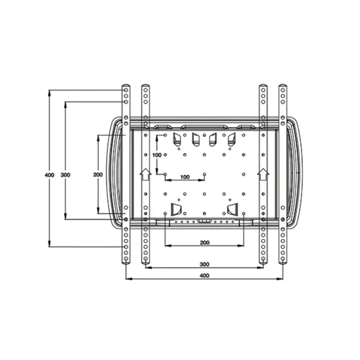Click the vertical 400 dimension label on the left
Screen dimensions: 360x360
(49, 175)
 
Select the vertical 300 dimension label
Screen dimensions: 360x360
(65, 175)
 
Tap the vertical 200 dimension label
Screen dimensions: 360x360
(98, 175)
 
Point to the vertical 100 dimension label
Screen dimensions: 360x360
(157, 155)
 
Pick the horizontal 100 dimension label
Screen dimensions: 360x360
(185, 177)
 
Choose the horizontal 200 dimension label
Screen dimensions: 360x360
(205, 242)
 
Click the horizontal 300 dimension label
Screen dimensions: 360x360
(205, 264)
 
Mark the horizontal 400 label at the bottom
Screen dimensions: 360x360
(205, 275)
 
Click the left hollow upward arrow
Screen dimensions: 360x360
(145, 174)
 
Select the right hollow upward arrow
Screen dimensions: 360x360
(263, 174)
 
